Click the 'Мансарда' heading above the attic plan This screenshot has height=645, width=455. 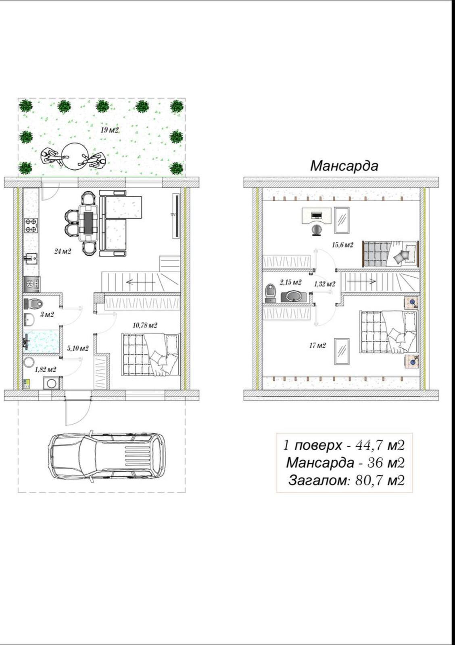344,166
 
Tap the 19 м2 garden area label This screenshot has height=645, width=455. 109,130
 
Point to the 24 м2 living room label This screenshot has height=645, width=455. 63,252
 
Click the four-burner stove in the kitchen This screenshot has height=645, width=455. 31,225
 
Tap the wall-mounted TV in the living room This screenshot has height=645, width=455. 176,216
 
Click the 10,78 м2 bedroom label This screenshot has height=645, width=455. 145,326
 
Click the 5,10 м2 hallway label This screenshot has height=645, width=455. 78,348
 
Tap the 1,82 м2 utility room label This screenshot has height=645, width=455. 46,369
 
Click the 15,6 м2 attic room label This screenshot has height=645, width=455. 342,245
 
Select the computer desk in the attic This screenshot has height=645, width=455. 316,216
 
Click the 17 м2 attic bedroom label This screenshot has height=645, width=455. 317,345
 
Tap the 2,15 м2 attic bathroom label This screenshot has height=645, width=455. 290,283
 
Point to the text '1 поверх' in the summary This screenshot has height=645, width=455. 312,445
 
